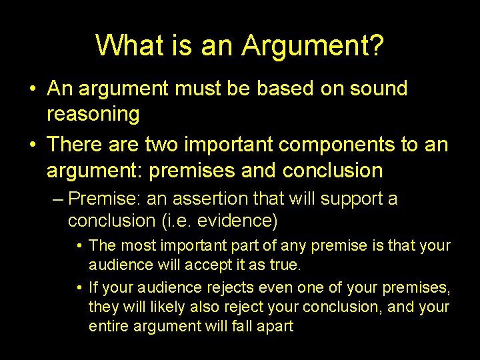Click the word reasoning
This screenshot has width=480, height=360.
click(93, 115)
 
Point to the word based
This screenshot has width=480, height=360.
click(265, 88)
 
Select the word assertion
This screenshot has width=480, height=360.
click(206, 199)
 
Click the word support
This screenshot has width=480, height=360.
click(347, 199)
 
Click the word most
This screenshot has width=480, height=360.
click(134, 246)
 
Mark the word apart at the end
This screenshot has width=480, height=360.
click(274, 327)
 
